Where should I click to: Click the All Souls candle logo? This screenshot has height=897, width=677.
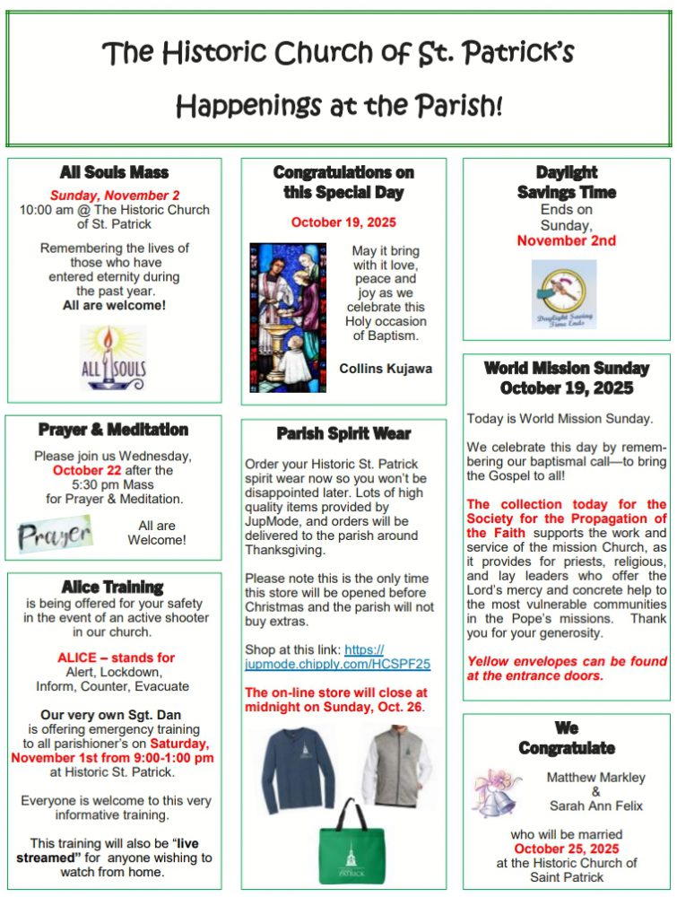[113, 357]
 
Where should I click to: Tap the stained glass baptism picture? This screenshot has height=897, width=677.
[288, 317]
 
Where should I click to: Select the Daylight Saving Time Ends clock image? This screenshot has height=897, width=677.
[564, 294]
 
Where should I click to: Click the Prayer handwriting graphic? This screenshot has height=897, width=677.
[55, 534]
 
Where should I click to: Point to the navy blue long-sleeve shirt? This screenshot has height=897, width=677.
[305, 768]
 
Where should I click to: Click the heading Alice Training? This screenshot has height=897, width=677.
[113, 587]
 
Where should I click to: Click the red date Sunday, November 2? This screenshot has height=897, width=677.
[114, 195]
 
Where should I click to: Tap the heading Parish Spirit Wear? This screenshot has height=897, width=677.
[343, 433]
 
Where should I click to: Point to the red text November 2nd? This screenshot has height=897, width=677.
[566, 241]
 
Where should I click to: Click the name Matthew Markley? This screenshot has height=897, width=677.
[596, 777]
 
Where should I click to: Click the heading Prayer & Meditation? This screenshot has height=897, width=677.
[113, 430]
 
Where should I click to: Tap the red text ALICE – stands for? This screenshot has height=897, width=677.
[116, 658]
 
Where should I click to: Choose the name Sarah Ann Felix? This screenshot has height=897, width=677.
[596, 806]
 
